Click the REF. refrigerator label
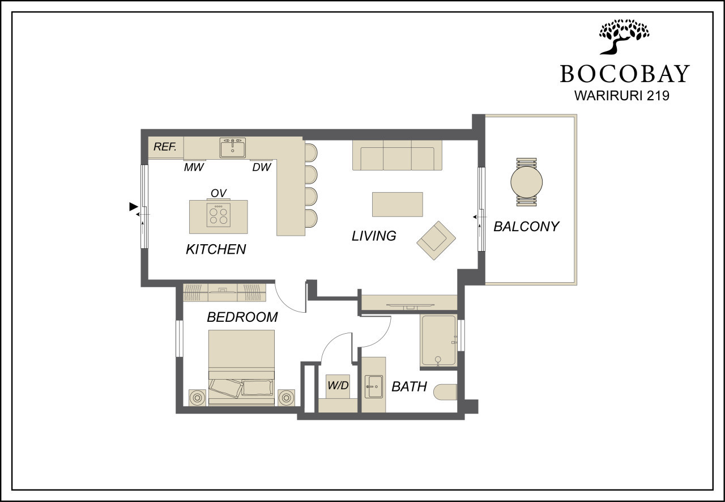point(165,147)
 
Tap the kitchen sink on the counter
point(232,148)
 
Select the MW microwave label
point(194,167)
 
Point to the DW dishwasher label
point(262,167)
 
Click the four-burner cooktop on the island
point(219,215)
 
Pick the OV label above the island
point(219,193)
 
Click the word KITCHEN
point(216,249)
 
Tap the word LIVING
point(374,236)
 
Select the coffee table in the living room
point(398,205)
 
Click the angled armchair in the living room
point(436,240)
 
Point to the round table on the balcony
point(527,182)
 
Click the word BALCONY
point(526,227)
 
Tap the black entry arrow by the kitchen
point(133,207)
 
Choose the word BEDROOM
point(242,317)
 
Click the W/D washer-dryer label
point(338,385)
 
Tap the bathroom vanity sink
point(374,386)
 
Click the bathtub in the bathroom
point(439,341)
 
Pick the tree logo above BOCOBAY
point(624,37)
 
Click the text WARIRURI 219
point(622,96)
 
